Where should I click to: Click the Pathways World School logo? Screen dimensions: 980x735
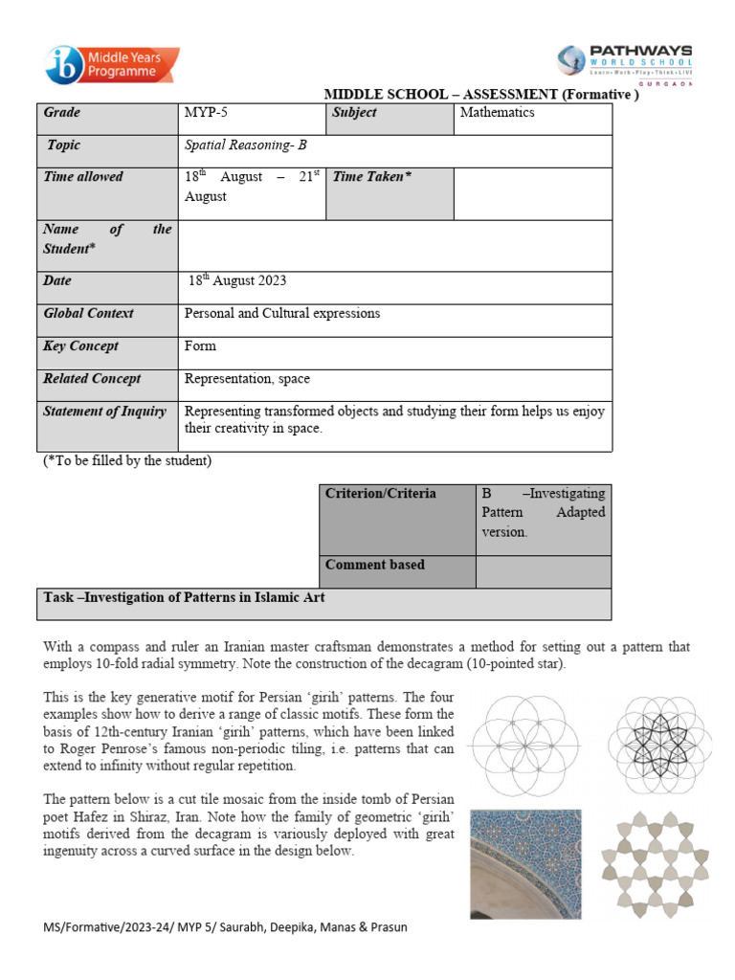tap(625, 62)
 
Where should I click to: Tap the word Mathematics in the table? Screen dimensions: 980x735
tap(497, 113)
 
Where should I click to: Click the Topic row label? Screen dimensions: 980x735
tap(64, 145)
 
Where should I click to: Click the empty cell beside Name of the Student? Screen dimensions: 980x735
tap(394, 245)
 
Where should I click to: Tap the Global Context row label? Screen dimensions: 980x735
tap(89, 314)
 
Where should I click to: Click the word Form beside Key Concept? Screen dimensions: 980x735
tap(200, 346)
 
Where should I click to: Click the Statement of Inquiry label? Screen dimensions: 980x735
tap(106, 412)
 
